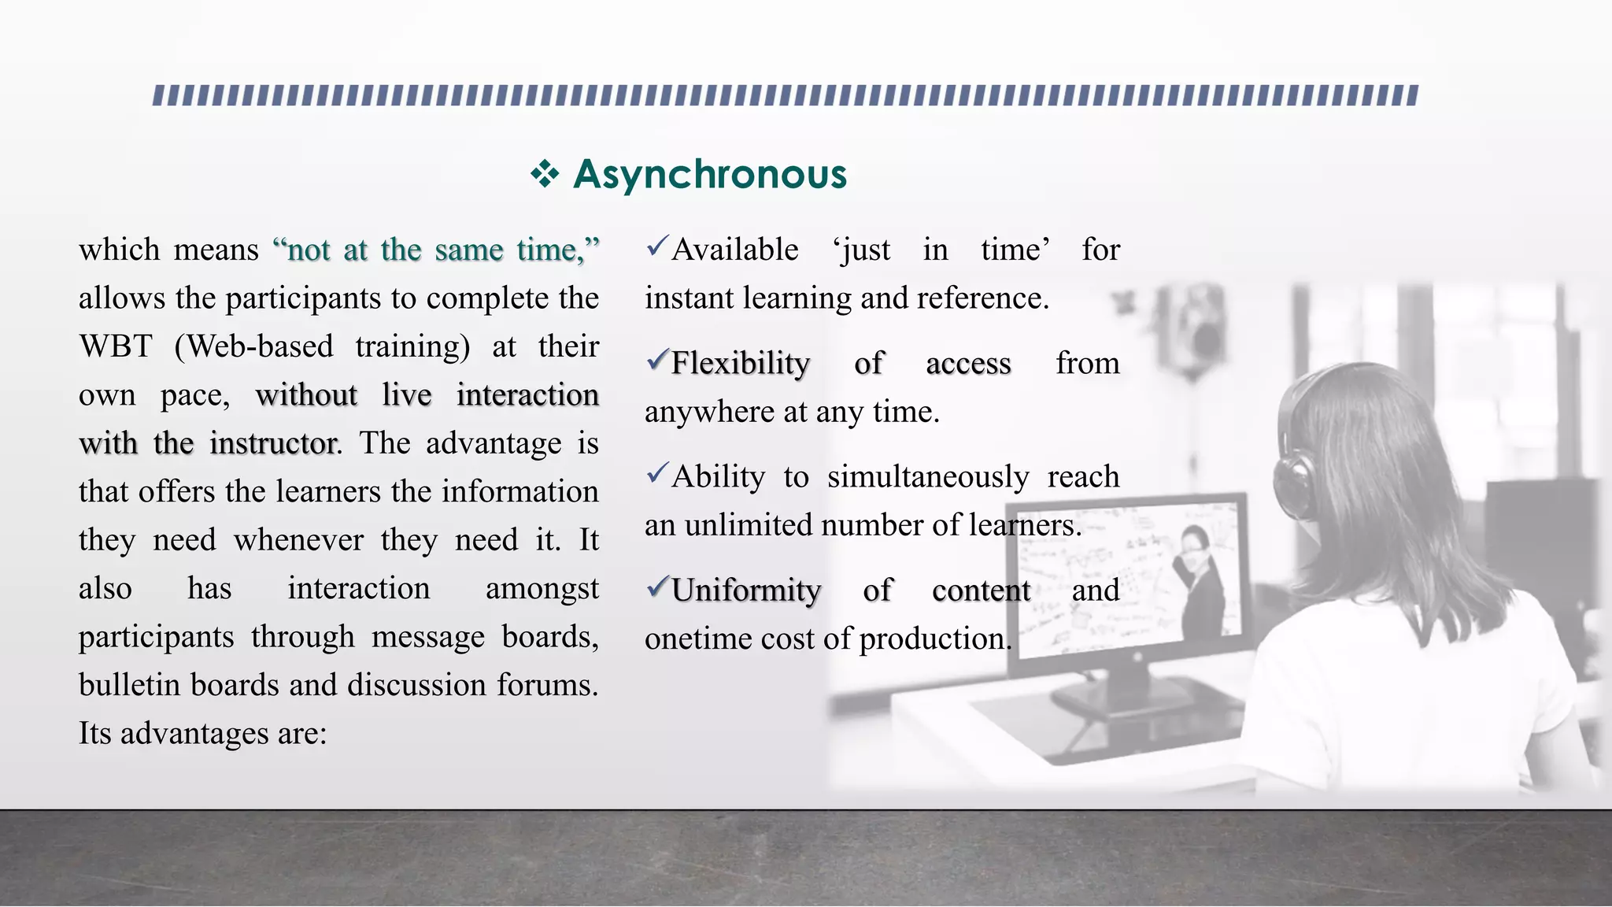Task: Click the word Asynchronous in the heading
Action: (710, 174)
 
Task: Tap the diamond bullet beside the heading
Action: (544, 174)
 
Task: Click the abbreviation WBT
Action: (115, 346)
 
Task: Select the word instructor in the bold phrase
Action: (273, 443)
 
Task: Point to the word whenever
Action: (298, 540)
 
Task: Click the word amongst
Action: (542, 589)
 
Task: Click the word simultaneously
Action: (928, 477)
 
